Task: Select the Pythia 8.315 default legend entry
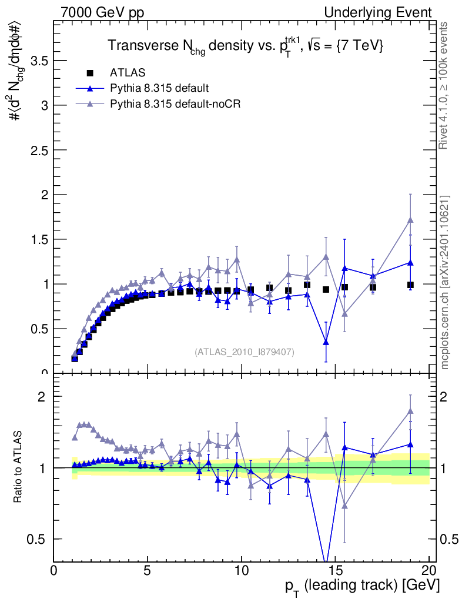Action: [x=159, y=88]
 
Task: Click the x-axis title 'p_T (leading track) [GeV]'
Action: [x=363, y=586]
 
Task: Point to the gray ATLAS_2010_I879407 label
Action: [x=245, y=352]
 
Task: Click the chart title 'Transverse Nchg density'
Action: [x=245, y=46]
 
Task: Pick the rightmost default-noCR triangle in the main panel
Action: [x=410, y=220]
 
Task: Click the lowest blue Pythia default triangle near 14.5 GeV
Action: [x=326, y=342]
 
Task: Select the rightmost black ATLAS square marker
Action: [x=410, y=285]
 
